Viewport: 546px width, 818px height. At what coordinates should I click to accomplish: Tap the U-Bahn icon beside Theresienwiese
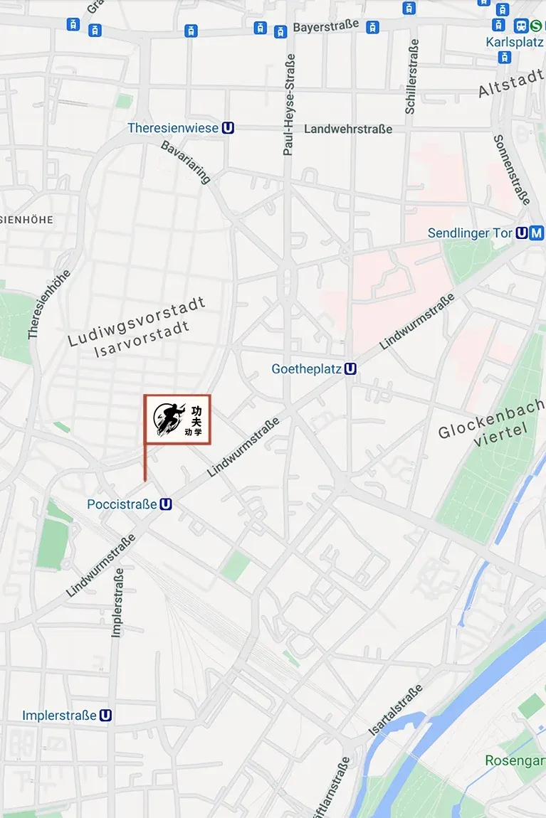click(x=228, y=128)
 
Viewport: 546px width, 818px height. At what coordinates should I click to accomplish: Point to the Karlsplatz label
click(x=515, y=42)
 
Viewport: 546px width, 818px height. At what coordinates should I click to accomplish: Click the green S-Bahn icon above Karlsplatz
click(x=536, y=26)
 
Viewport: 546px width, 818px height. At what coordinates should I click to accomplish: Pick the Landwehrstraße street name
click(x=348, y=129)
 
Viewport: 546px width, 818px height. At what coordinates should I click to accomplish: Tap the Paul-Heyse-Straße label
click(x=289, y=104)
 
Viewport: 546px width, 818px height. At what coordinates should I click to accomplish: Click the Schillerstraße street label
click(x=411, y=77)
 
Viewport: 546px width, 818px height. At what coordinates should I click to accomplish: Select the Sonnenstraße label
click(x=512, y=169)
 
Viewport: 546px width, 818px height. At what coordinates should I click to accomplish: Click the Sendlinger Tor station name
click(x=469, y=233)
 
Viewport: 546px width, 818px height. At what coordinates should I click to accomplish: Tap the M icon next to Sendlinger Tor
click(x=537, y=233)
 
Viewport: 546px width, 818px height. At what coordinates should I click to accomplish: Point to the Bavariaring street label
click(x=186, y=162)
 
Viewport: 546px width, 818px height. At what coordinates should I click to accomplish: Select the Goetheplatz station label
click(x=306, y=369)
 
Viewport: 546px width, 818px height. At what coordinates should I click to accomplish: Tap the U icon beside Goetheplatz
click(x=350, y=369)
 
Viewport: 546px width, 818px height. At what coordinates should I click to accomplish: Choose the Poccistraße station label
click(x=122, y=504)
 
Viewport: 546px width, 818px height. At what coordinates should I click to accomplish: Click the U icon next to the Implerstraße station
click(x=106, y=715)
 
